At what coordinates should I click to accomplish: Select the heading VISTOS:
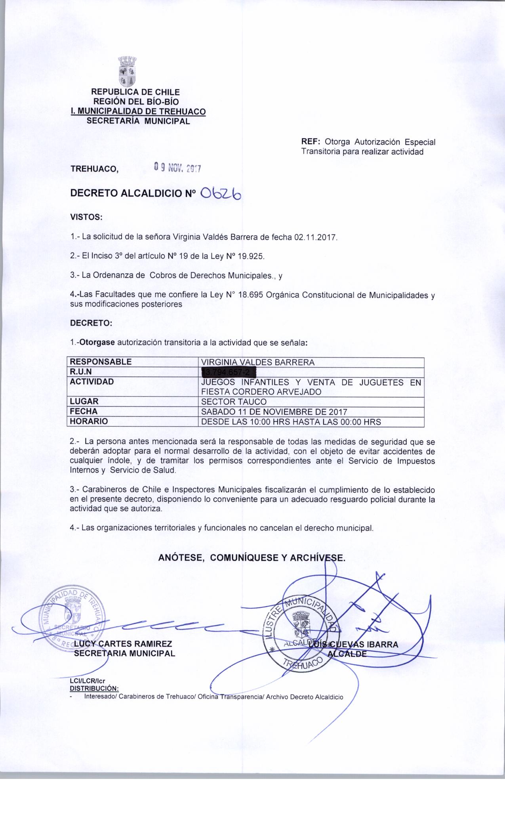pos(86,217)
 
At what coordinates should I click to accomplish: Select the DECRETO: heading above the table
pos(91,323)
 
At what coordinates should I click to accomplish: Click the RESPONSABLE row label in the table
pos(101,362)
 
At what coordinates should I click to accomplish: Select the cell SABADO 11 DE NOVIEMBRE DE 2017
pos(274,412)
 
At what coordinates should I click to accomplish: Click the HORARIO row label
pos(89,422)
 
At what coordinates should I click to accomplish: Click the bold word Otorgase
pos(97,343)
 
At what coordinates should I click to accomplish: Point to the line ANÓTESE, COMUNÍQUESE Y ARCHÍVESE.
pos(252,558)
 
